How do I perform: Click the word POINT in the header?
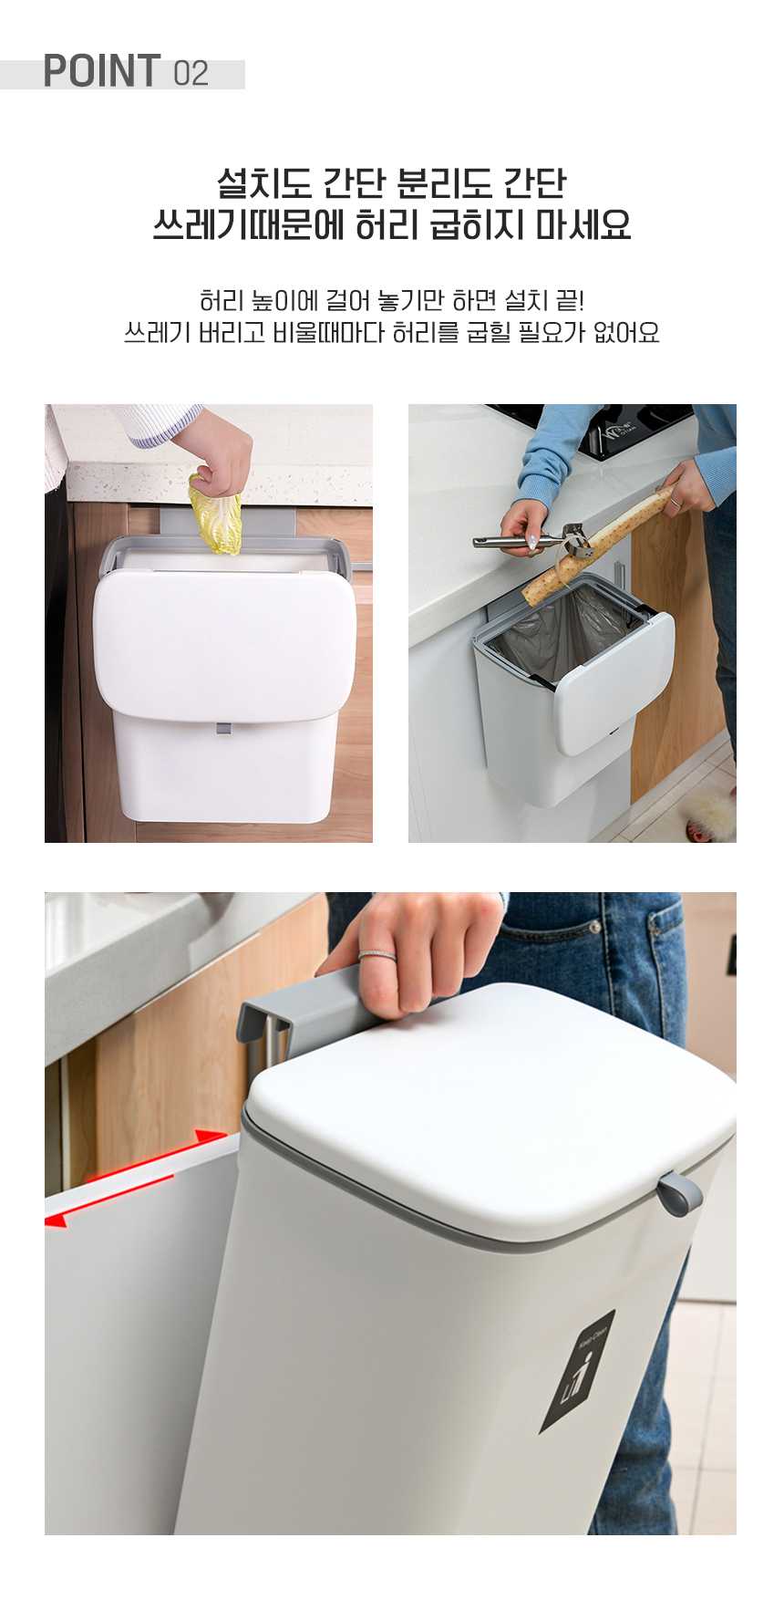click(x=102, y=71)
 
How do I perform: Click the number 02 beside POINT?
click(x=191, y=73)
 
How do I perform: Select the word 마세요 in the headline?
click(x=583, y=224)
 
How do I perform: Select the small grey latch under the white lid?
click(x=223, y=728)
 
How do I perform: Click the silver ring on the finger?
click(x=377, y=955)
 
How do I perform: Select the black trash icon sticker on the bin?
click(x=577, y=1371)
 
